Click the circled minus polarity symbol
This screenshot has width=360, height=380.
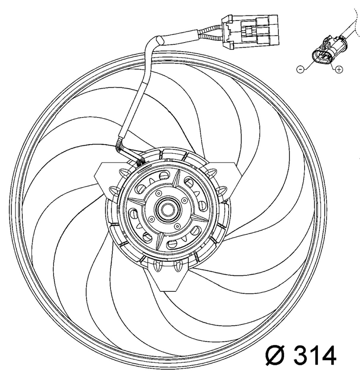pos(300,69)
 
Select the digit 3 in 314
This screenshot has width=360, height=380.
pos(302,355)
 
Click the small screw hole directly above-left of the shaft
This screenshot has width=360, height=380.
pos(159,193)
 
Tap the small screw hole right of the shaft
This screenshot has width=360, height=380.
pos(185,200)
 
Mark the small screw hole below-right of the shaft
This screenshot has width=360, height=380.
pos(177,226)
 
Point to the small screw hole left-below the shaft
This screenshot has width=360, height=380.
pos(152,219)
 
